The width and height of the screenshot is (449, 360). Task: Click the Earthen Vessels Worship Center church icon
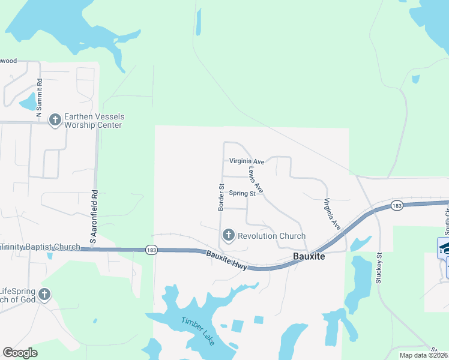click(x=55, y=120)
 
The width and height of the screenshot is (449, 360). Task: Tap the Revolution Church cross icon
click(x=228, y=236)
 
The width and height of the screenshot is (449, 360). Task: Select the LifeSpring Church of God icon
click(x=44, y=294)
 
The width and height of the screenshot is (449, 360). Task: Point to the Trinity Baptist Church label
click(x=40, y=247)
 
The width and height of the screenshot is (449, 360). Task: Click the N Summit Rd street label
click(x=39, y=98)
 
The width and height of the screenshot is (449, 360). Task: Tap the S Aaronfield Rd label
click(x=93, y=217)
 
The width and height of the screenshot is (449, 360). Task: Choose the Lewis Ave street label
click(x=256, y=179)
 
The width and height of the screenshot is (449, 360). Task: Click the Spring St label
click(x=243, y=194)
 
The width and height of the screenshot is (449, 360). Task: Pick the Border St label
click(x=220, y=197)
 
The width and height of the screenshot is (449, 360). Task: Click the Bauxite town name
click(x=309, y=256)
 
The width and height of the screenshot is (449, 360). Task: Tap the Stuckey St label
click(x=379, y=266)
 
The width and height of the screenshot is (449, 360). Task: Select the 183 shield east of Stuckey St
click(x=396, y=205)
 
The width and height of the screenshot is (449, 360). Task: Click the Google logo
click(x=20, y=353)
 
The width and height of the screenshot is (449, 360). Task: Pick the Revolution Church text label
click(x=271, y=236)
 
